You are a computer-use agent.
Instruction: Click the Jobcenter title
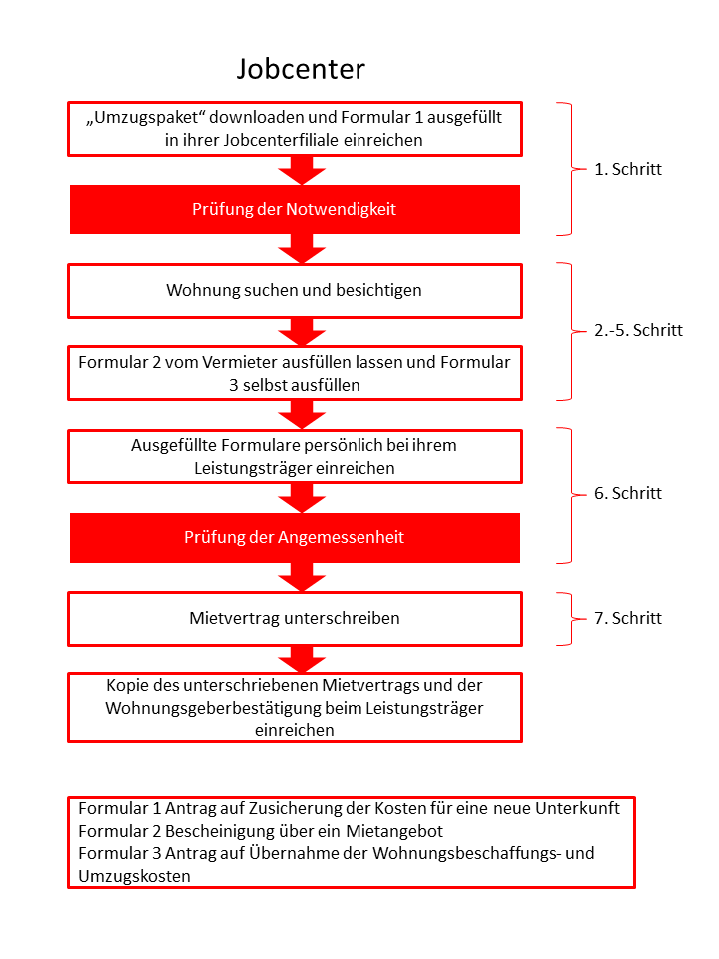coord(301,69)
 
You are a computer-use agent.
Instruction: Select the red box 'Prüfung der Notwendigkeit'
coord(295,209)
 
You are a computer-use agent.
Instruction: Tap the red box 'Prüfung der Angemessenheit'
coord(295,538)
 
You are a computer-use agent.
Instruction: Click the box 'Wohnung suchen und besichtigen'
coord(295,291)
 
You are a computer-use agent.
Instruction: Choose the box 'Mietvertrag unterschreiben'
coord(295,619)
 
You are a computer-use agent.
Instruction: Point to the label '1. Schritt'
coord(628,169)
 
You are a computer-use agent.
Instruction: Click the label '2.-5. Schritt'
coord(638,331)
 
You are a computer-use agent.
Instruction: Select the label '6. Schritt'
coord(628,493)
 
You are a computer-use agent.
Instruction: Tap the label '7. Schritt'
coord(628,618)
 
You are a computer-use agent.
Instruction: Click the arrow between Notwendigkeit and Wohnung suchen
coord(302,249)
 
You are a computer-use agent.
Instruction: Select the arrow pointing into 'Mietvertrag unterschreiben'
coord(302,577)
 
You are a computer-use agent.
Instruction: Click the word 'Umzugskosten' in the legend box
coord(134,876)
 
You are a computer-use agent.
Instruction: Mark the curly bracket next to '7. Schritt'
coord(571,619)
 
